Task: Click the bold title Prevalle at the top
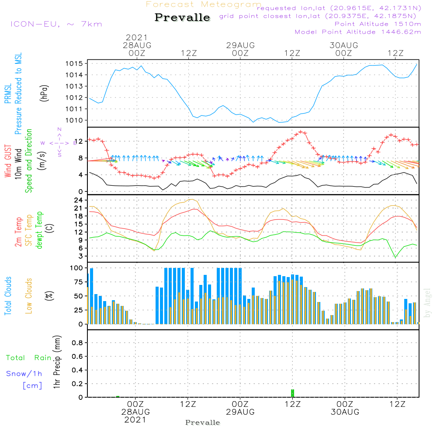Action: point(182,18)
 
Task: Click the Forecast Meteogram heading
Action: point(204,4)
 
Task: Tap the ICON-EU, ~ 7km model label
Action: point(56,24)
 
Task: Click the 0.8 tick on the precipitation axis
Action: point(78,343)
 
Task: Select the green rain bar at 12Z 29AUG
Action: point(292,393)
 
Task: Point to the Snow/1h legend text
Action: point(24,374)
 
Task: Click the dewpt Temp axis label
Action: point(39,230)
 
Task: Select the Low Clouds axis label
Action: point(29,296)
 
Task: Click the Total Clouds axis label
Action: point(8,296)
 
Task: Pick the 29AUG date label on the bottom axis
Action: point(240,412)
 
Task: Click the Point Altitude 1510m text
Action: point(378,24)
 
